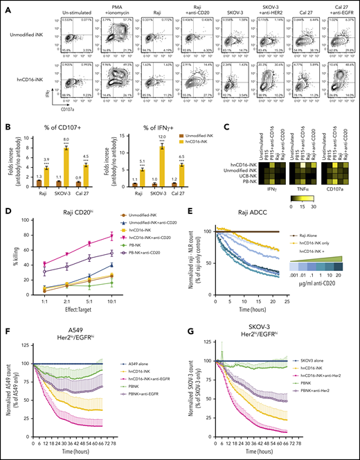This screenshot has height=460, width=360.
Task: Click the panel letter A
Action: click(x=6, y=6)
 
